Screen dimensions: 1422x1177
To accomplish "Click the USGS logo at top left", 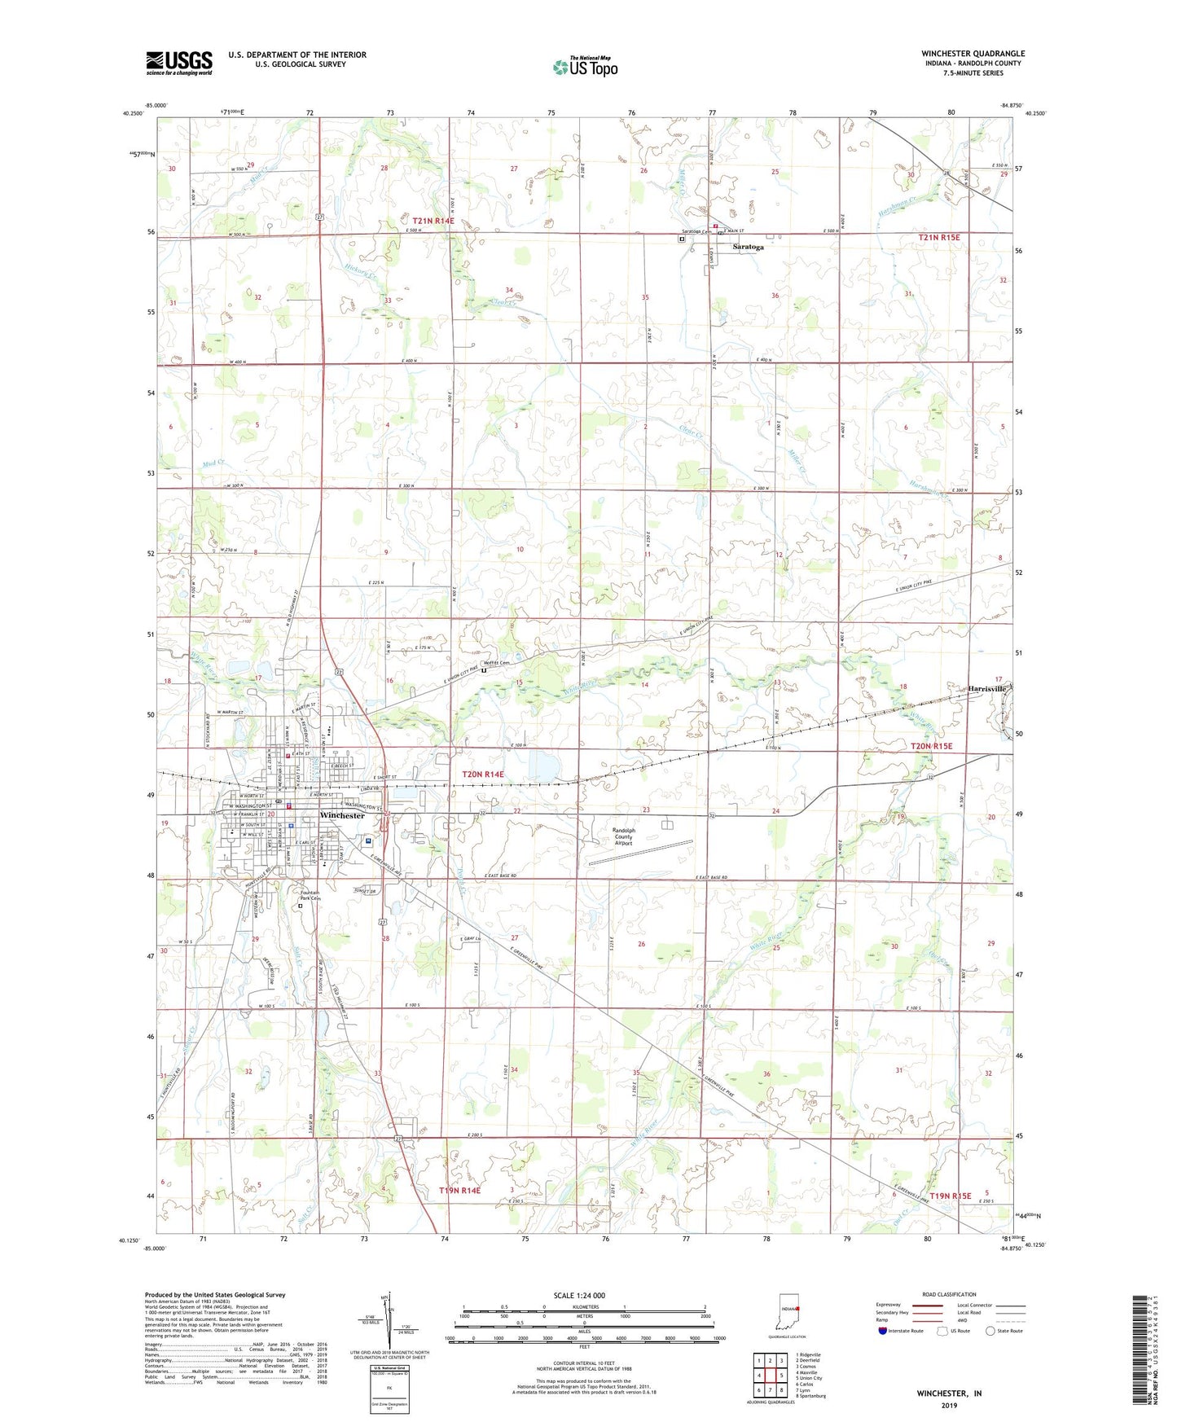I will pos(179,63).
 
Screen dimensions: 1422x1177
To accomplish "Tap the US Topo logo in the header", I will pos(584,67).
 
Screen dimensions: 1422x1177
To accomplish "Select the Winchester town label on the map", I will pos(342,815).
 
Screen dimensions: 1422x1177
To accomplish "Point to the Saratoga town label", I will pos(749,246).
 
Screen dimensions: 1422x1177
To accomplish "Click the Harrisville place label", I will pos(987,688).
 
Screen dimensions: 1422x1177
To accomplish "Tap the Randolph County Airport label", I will pos(623,836).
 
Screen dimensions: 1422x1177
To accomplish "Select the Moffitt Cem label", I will pos(497,663).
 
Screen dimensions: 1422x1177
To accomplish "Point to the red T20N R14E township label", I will pos(483,775).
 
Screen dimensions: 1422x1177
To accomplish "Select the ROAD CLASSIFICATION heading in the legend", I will pos(949,1294).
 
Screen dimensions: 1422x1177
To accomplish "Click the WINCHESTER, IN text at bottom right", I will pos(949,1393).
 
